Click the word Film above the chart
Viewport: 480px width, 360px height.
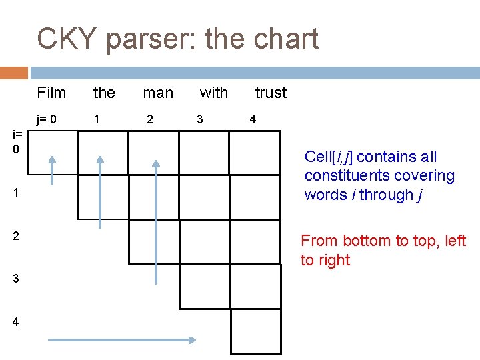coord(51,93)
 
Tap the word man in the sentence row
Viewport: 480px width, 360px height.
coord(158,93)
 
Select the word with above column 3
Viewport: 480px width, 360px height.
coord(213,93)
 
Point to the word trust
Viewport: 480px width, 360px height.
coord(271,93)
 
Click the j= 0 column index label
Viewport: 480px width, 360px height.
coord(47,120)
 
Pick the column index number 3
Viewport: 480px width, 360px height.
coord(199,120)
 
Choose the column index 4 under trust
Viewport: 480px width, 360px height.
coord(253,120)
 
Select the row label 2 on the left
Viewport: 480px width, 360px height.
coord(15,236)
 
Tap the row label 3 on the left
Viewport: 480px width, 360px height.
coord(15,279)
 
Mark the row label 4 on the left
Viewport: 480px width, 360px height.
coord(15,321)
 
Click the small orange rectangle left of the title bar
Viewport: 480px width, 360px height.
coord(14,73)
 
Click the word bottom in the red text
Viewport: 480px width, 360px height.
coord(371,241)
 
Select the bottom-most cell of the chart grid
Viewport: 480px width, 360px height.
coord(256,330)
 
